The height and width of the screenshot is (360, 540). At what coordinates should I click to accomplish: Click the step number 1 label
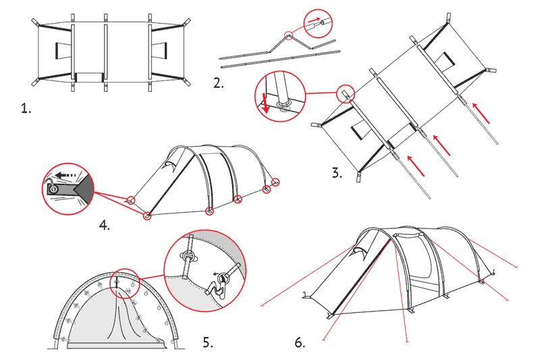pos(26,109)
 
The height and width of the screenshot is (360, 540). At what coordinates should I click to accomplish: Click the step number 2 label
pos(218,83)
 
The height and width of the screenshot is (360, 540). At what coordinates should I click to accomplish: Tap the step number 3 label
pos(337,173)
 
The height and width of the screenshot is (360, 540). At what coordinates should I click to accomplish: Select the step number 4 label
pos(105,226)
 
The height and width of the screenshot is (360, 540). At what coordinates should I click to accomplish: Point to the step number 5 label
pos(208,342)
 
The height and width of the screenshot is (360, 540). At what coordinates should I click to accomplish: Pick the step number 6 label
pos(300,342)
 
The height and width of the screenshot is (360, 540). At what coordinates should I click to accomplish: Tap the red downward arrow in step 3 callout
pos(265,103)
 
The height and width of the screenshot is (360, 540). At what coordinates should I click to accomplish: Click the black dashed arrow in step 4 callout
pos(65,176)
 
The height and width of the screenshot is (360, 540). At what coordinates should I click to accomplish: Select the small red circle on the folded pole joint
pos(289,35)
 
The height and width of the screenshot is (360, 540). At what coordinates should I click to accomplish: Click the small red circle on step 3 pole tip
pos(345,94)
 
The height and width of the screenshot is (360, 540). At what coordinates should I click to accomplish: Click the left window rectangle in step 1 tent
pos(63,51)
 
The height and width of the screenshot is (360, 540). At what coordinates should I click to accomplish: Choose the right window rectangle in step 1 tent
pos(159,51)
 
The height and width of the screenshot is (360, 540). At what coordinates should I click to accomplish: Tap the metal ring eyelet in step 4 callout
pos(53,189)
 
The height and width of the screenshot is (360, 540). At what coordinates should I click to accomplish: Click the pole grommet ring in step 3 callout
pos(285,104)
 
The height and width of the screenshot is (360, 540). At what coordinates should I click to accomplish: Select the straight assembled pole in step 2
pos(280,59)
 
